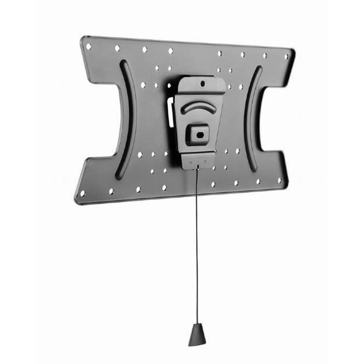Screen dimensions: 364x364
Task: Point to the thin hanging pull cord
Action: coord(197,245)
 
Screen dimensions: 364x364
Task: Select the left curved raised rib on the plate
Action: coord(124,119)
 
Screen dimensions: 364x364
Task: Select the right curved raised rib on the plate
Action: coord(252,119)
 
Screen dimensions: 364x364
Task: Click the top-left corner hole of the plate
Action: coord(89,45)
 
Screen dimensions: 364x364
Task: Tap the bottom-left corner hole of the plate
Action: coord(82,193)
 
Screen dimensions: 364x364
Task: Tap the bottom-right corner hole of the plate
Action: coord(280,181)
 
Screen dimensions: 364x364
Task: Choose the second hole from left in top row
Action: coord(117,48)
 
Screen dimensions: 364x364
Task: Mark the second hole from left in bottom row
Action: coord(111,191)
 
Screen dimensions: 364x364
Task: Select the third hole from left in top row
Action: coord(144,50)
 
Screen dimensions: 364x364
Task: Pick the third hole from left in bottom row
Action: coord(138,189)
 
